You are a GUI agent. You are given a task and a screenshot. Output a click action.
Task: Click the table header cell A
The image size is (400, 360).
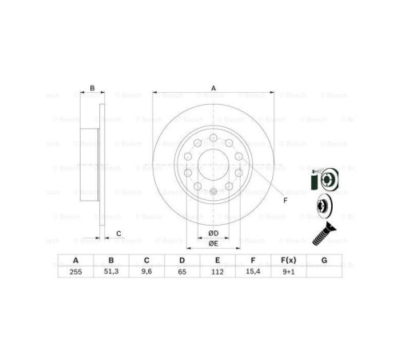tap(76, 260)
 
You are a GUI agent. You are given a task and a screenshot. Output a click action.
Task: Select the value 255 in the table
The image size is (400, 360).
tap(76, 272)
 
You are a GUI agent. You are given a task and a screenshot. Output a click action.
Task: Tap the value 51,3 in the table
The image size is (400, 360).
tap(112, 272)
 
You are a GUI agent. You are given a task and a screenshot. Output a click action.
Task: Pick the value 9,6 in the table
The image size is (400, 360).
tap(147, 272)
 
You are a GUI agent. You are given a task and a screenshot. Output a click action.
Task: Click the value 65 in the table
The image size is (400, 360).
tap(182, 272)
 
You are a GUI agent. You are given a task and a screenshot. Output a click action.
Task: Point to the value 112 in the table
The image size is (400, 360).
tap(218, 272)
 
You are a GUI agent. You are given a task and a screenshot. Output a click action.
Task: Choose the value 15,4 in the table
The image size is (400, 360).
tap(254, 272)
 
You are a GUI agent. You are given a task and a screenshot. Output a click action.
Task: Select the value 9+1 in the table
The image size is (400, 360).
tap(289, 272)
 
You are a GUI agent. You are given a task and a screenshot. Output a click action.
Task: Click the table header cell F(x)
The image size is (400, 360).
tap(289, 260)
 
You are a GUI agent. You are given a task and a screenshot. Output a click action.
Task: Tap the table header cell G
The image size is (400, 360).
tap(324, 260)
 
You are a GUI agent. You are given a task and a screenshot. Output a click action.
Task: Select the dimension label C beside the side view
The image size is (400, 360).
tap(118, 234)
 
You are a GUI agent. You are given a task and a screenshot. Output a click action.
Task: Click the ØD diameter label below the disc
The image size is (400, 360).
tap(214, 232)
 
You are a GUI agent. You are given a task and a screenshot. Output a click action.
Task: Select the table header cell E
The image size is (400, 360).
tap(218, 260)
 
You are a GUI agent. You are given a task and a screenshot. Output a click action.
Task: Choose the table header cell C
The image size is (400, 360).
tap(147, 260)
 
